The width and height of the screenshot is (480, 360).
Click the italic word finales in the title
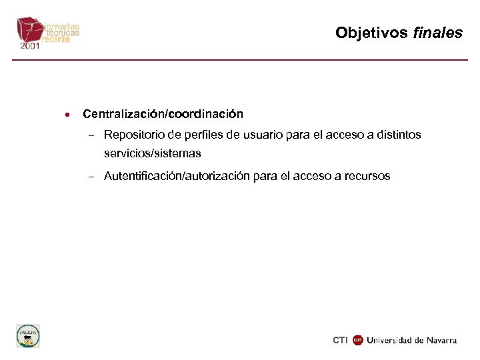[438, 33]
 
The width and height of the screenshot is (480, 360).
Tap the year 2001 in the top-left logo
[30, 46]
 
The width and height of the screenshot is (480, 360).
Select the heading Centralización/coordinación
[163, 114]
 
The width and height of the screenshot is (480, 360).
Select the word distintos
[397, 135]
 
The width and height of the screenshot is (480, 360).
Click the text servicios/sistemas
[152, 153]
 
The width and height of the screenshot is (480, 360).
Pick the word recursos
[367, 176]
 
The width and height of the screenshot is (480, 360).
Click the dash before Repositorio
[91, 135]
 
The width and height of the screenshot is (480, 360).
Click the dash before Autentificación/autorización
[91, 177]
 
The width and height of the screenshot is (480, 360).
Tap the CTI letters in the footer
[340, 340]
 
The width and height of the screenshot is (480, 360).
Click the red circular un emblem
[357, 340]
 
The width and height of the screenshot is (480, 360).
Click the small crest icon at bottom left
[28, 335]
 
